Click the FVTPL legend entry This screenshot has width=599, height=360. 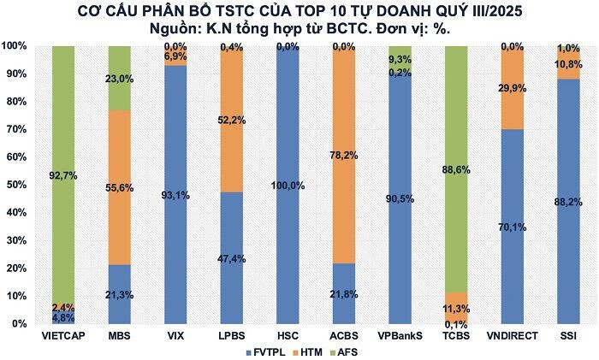[262, 351]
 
